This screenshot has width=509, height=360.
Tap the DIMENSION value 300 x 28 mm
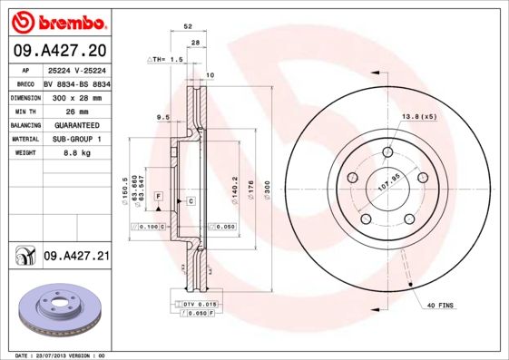point(76,96)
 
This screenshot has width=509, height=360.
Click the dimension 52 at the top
point(188,28)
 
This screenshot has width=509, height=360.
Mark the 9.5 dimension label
point(163,116)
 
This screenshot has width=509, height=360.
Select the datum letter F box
point(157,196)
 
